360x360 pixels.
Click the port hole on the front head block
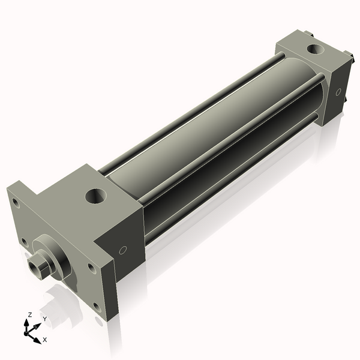[x=95, y=195]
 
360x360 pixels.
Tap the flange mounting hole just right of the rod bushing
[x=90, y=267]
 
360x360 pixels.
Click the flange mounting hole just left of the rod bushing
[x=24, y=242]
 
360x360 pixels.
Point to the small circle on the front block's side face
[x=124, y=250]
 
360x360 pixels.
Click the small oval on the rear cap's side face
[x=338, y=92]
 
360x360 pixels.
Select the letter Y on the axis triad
[x=44, y=319]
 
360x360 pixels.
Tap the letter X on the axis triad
[x=44, y=340]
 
